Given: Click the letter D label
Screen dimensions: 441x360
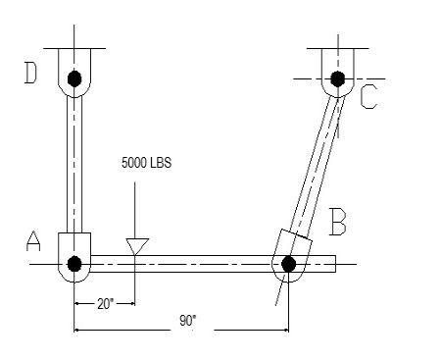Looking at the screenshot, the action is pos(31,74).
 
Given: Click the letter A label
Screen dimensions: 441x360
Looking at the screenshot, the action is pos(33,241).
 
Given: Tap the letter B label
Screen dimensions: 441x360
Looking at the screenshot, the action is pos(338,222).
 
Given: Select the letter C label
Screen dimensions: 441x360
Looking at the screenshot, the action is pos(369,97).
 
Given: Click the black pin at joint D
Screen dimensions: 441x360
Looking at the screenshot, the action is pos(74,78).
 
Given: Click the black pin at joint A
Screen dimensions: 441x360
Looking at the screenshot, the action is pos(74,264).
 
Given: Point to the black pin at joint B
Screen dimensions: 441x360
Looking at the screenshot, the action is pos(288,264).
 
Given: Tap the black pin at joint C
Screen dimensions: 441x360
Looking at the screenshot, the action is pos(338,78).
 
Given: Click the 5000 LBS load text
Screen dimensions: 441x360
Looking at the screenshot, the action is pos(146,163).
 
